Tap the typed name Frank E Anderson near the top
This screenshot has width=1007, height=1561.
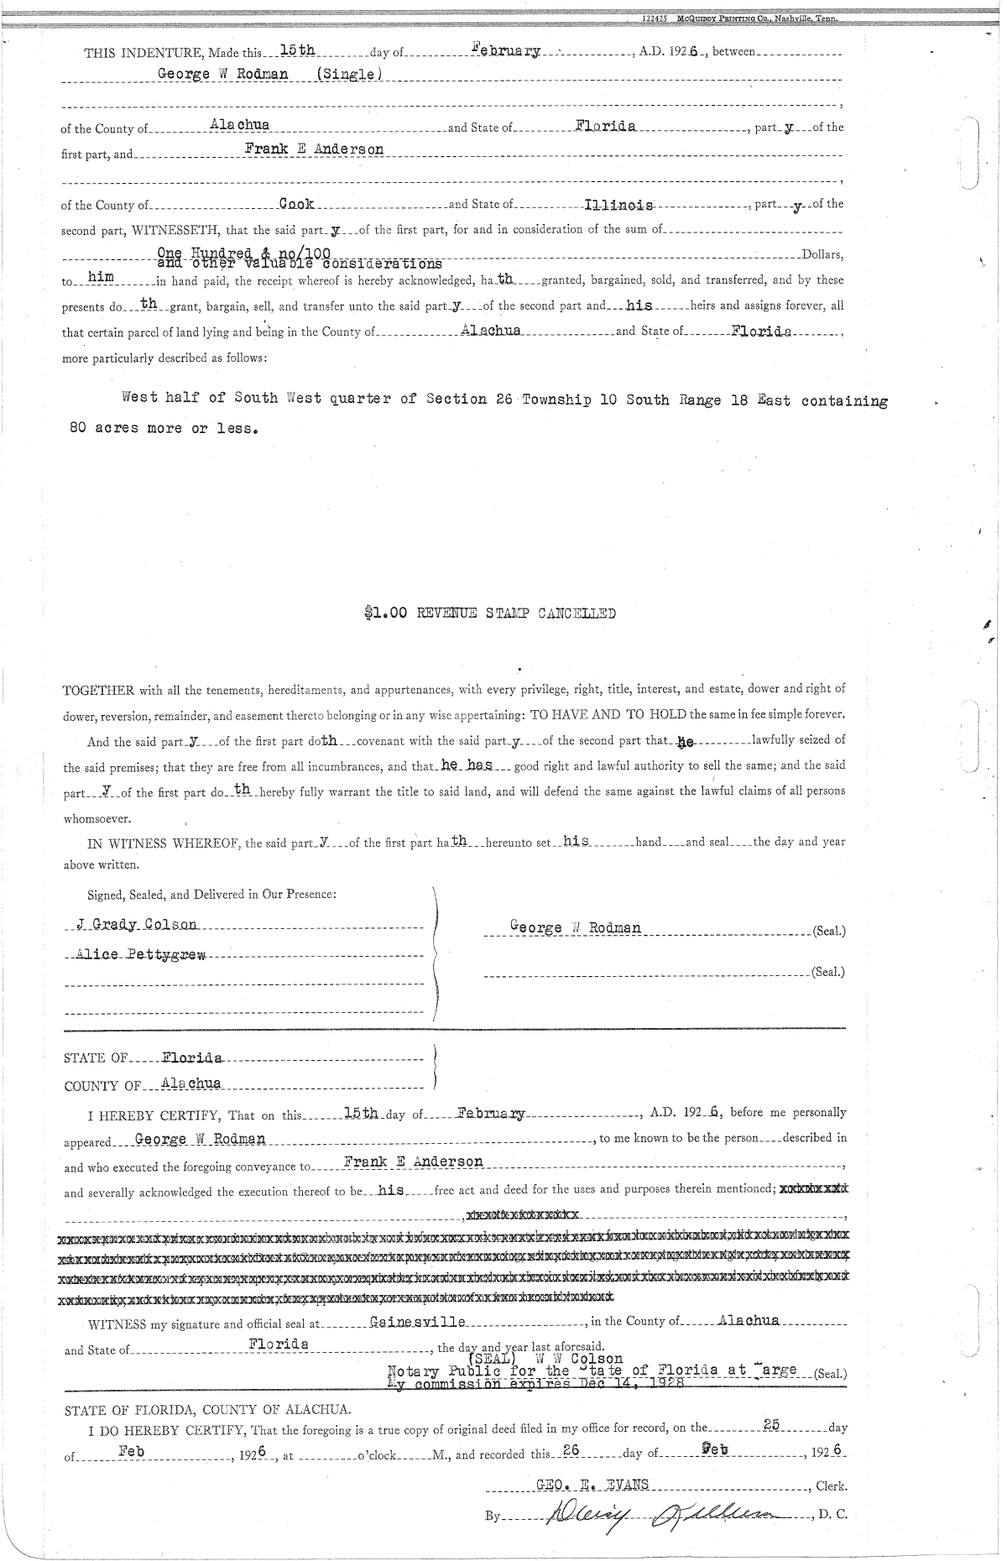[314, 149]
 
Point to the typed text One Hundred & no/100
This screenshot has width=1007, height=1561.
[246, 252]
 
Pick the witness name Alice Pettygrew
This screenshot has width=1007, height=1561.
[141, 955]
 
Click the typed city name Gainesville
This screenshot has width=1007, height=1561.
[417, 1321]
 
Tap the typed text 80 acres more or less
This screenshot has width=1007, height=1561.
[164, 427]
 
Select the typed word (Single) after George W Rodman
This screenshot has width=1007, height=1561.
[345, 72]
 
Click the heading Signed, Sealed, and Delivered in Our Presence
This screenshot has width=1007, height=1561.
[212, 894]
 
